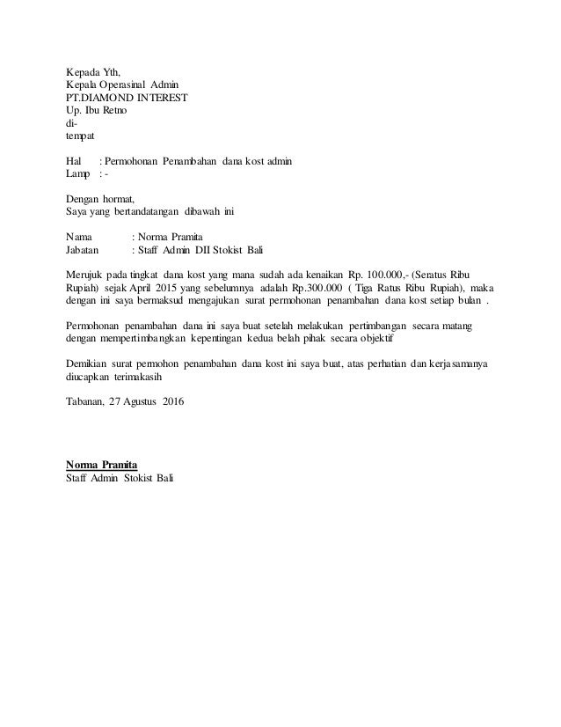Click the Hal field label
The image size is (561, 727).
(x=74, y=162)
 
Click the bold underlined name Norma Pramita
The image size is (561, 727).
(x=102, y=464)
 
